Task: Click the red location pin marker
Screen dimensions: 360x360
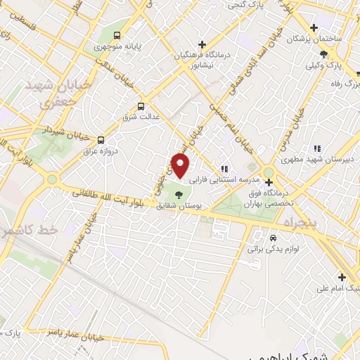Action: pyautogui.click(x=181, y=166)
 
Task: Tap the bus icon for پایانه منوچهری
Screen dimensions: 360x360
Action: pyautogui.click(x=117, y=35)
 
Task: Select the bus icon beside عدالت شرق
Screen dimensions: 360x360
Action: pyautogui.click(x=141, y=107)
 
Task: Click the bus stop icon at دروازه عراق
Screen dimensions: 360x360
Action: pyautogui.click(x=101, y=140)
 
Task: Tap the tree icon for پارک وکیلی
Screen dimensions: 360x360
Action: pyautogui.click(x=323, y=54)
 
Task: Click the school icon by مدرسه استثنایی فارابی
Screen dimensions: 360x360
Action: pyautogui.click(x=224, y=169)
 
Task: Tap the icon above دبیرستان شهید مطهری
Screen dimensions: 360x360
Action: pyautogui.click(x=316, y=148)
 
